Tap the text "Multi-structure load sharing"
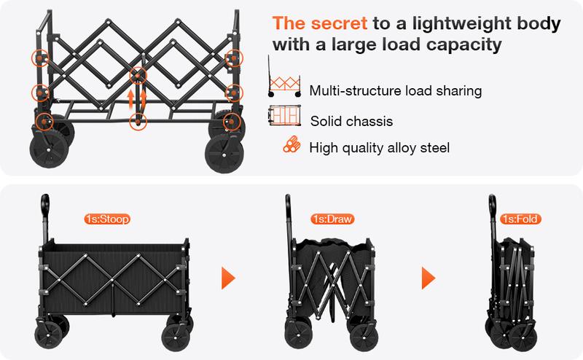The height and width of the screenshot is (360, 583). coord(395,91)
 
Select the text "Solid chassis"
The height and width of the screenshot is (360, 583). coord(351,121)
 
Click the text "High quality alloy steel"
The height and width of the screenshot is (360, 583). coord(379,147)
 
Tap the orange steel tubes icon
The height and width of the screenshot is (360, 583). coord(291,145)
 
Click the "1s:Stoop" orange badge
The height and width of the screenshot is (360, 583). coord(107,218)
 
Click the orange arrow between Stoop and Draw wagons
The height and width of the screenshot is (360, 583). coord(229,278)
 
